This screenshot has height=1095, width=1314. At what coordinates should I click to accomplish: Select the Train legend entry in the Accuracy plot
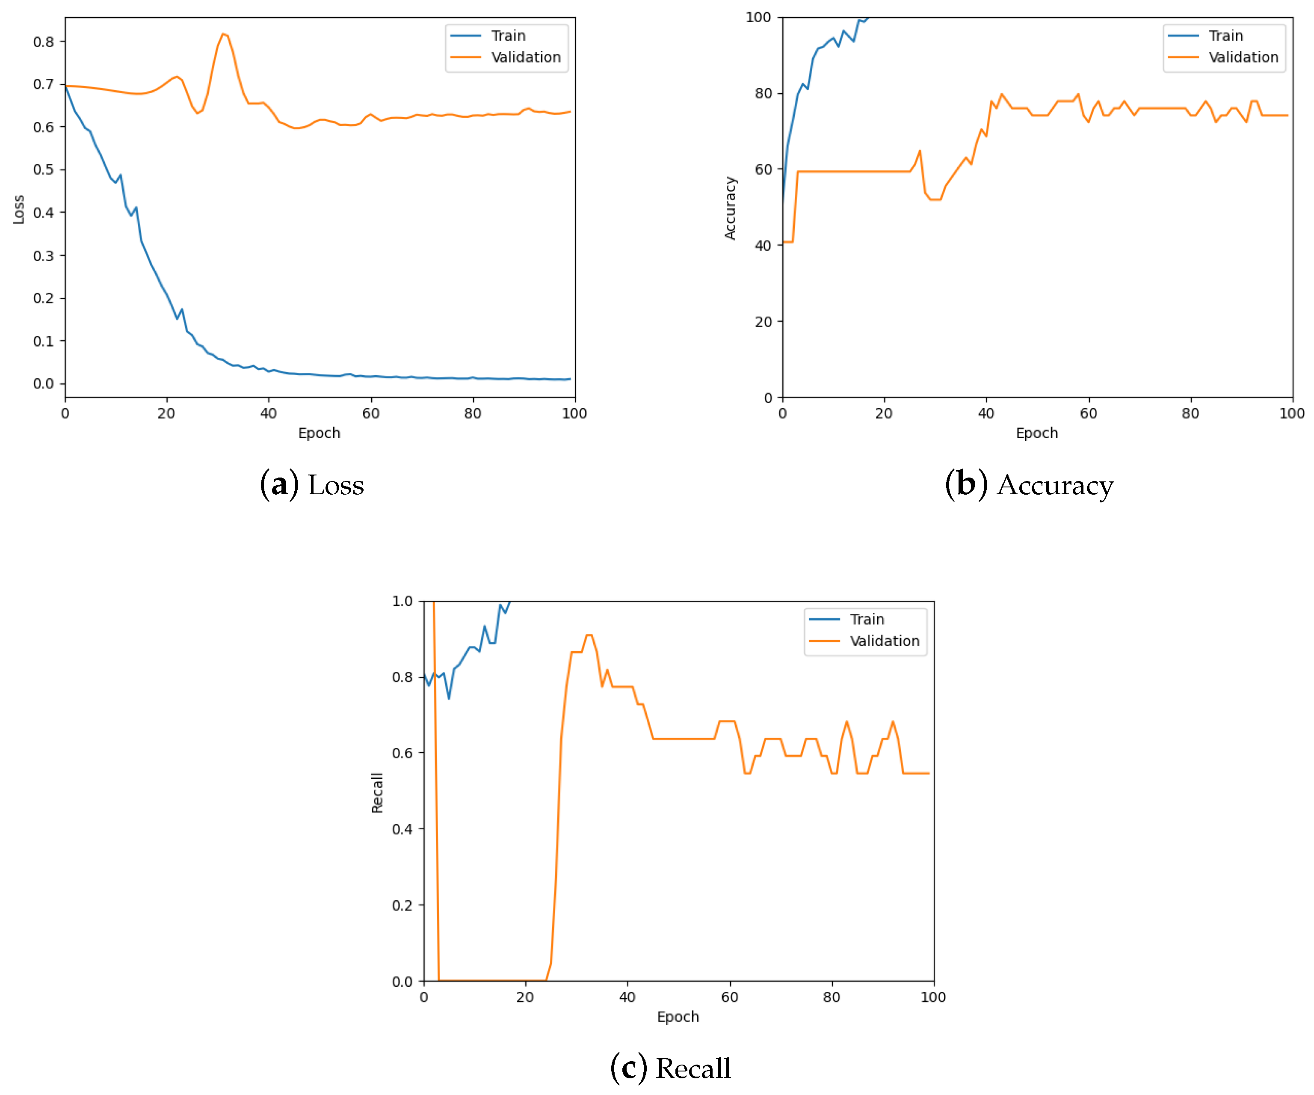point(1225,36)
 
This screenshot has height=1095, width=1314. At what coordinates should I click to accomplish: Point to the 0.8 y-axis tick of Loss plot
point(43,42)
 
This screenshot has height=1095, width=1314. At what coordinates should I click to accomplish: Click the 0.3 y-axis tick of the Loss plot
point(43,255)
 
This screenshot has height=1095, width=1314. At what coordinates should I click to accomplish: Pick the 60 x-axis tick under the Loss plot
point(370,413)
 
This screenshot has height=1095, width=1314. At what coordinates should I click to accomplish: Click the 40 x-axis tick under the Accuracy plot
point(985,413)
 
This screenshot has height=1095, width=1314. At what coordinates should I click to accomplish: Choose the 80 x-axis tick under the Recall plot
point(831,997)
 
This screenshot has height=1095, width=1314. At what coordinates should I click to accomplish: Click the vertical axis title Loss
point(19,209)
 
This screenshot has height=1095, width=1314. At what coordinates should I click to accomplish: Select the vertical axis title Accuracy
point(730,208)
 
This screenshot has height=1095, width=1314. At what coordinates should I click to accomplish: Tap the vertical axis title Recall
point(377,792)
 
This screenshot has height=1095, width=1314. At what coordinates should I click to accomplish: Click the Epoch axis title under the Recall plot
point(678,1016)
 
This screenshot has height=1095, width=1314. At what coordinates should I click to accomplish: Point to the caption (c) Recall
point(670,1068)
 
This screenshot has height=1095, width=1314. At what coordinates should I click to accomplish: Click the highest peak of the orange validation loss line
point(223,34)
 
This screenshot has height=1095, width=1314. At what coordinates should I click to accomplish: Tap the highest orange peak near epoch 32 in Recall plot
point(588,635)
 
